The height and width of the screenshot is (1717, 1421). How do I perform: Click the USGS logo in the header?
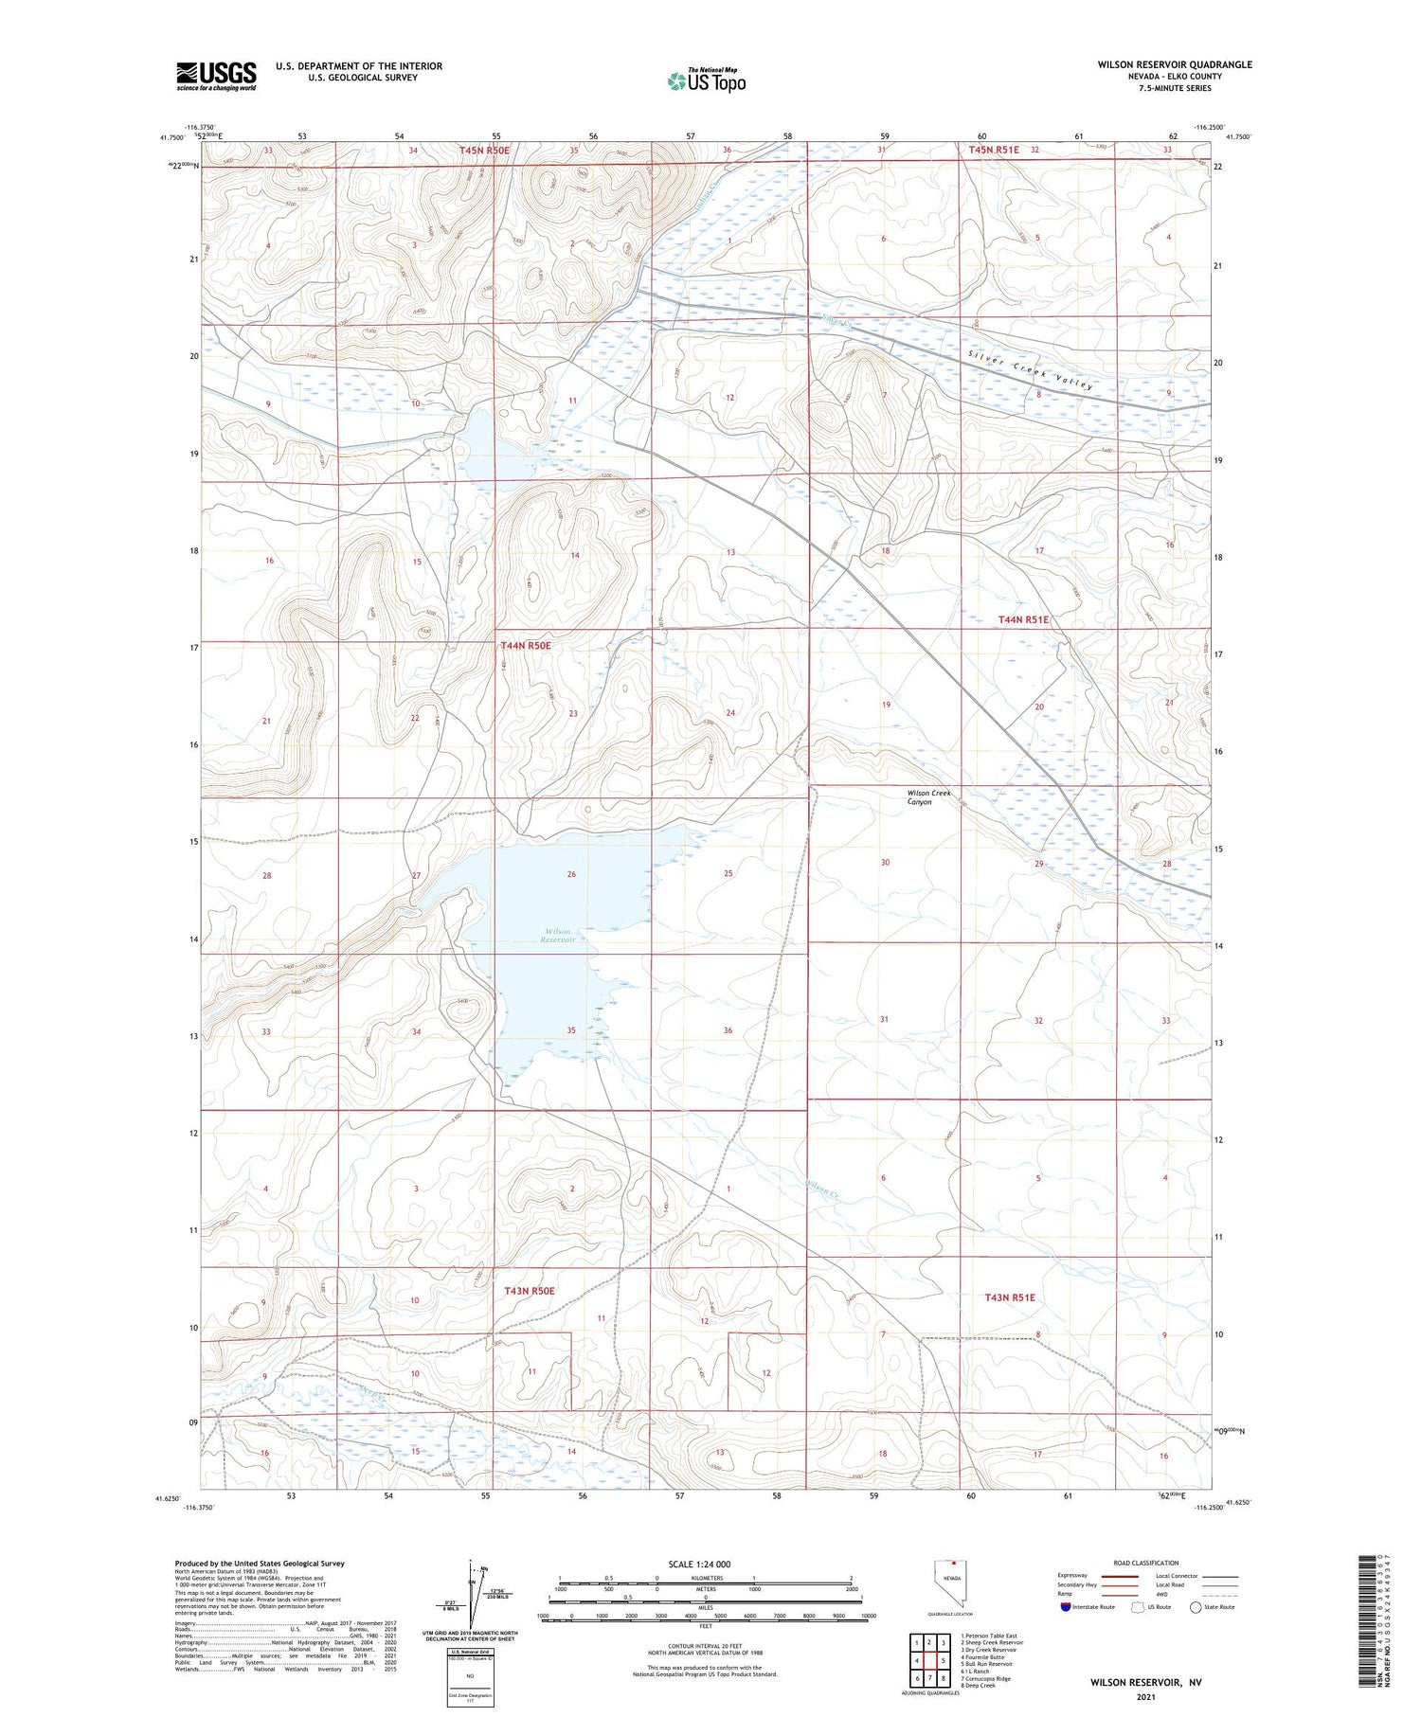216,76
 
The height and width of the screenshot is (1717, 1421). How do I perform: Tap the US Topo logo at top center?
706,81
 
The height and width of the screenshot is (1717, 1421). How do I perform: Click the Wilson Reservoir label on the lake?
558,936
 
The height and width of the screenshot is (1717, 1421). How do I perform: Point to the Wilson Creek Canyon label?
928,797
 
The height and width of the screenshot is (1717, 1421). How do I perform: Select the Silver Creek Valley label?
1031,369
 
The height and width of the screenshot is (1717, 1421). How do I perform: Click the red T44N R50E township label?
526,645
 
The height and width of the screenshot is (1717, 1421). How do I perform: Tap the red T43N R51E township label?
1010,1297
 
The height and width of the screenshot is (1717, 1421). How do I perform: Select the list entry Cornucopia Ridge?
986,1678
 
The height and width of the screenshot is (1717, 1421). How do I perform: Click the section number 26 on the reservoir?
571,874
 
